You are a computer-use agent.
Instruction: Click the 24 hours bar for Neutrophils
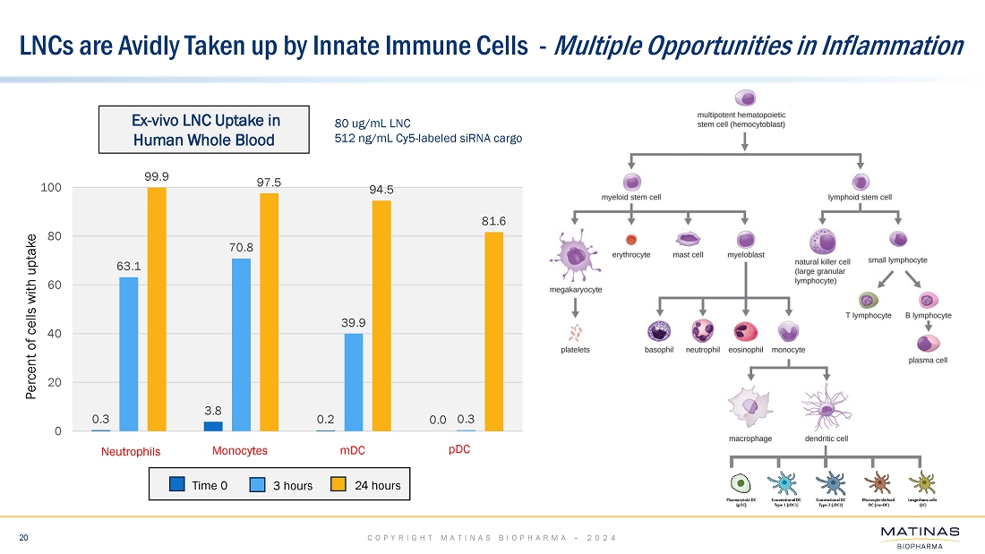tap(157, 309)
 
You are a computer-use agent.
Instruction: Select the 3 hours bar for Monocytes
tap(242, 345)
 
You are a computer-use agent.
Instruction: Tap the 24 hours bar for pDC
tap(493, 331)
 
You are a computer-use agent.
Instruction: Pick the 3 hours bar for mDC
tap(354, 382)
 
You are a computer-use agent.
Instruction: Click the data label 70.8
tap(241, 247)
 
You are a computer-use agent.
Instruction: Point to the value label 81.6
tap(493, 220)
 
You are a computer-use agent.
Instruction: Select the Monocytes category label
tap(240, 451)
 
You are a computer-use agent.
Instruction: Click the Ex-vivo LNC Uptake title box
tap(206, 130)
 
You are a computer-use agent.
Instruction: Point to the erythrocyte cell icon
tap(631, 239)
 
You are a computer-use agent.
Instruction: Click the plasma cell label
tap(927, 360)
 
